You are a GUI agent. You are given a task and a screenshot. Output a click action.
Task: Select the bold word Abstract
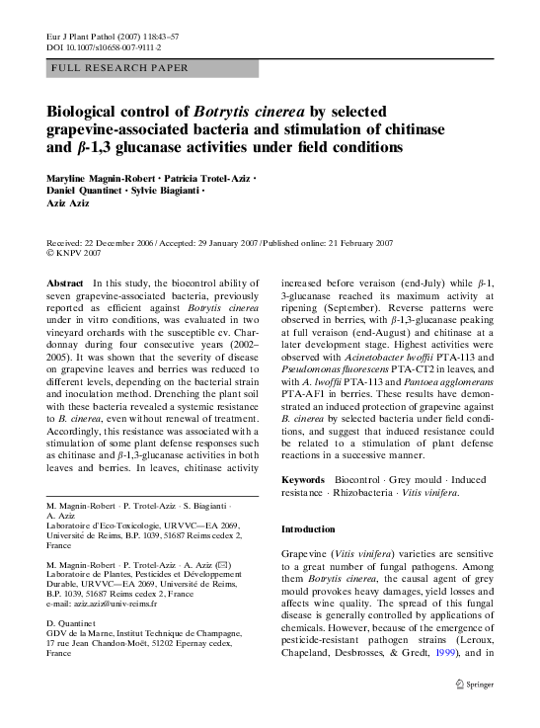tap(64, 283)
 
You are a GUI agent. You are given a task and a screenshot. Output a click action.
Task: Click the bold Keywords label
tap(303, 479)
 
